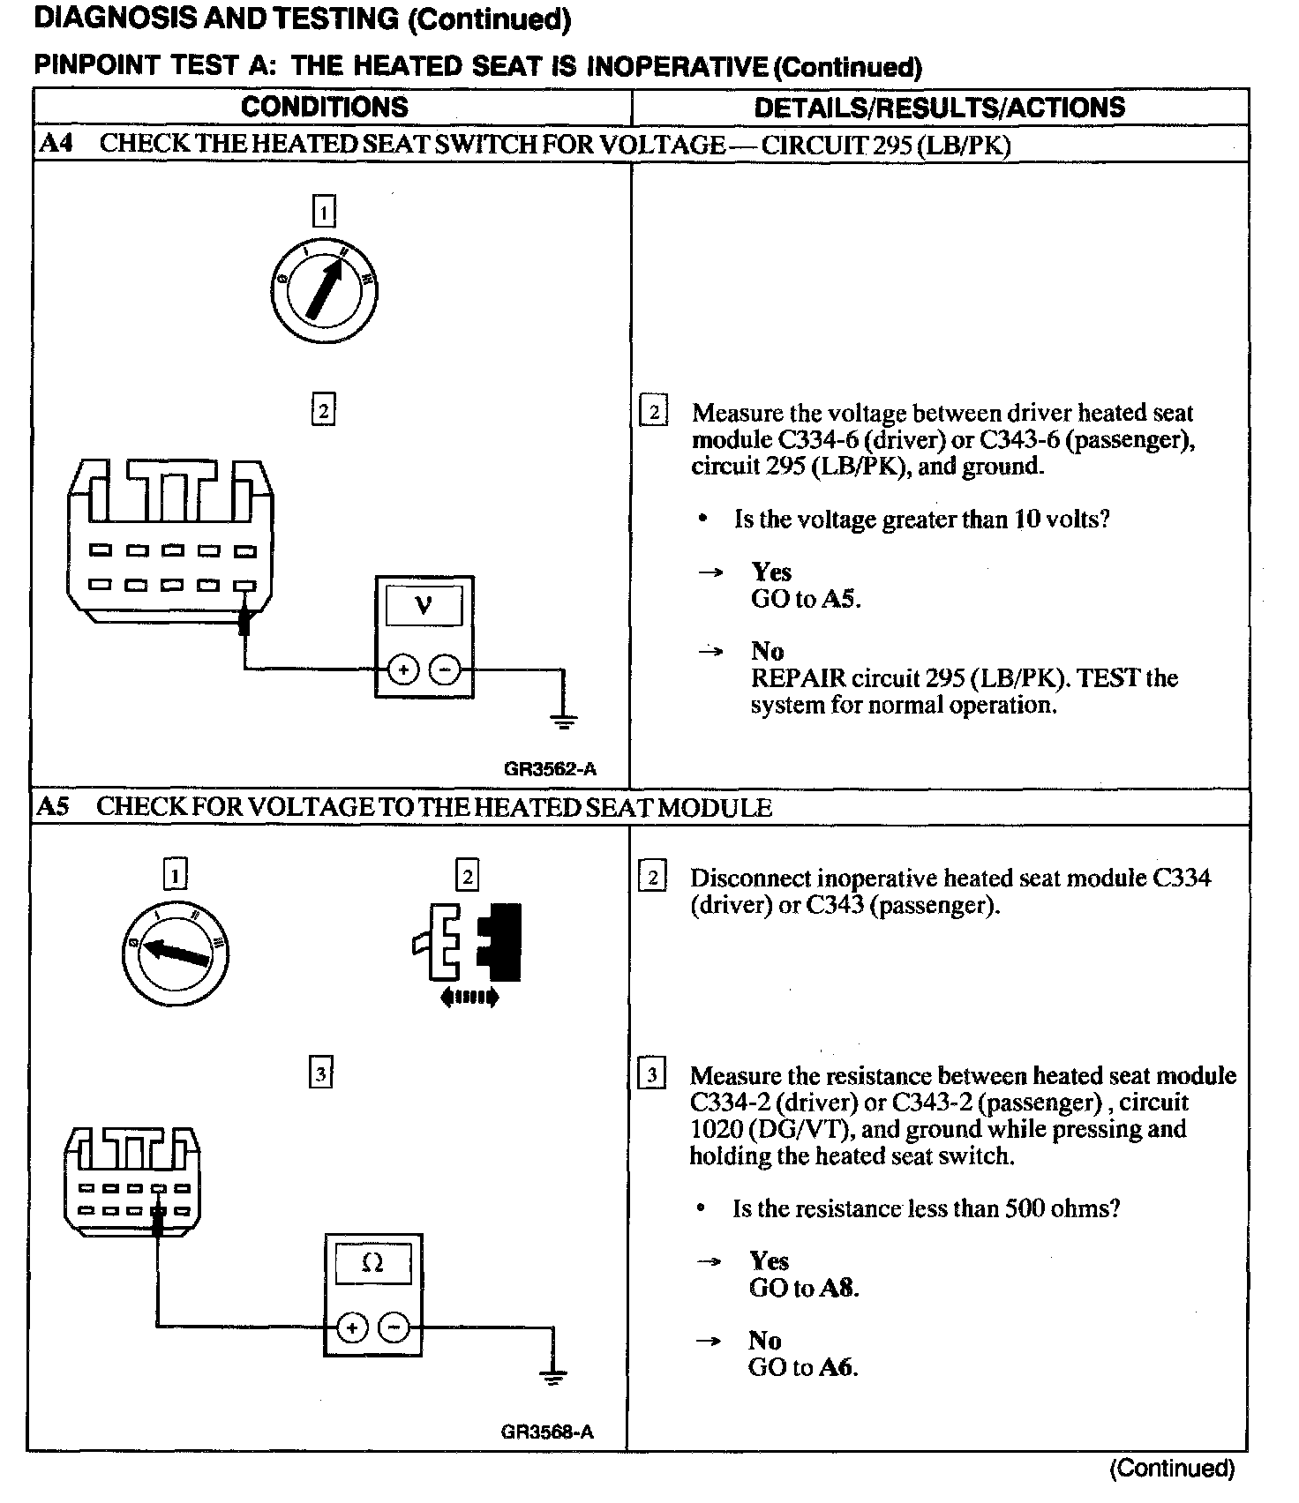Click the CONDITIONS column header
[x=324, y=108]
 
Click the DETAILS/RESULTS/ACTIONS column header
[x=939, y=108]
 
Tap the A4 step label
[x=55, y=144]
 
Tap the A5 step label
[x=54, y=807]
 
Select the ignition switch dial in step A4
[x=324, y=288]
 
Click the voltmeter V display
[x=424, y=608]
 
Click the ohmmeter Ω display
[x=372, y=1264]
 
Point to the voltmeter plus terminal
[x=403, y=670]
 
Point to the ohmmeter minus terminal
[x=394, y=1327]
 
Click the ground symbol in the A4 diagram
[x=564, y=721]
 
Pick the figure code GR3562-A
[x=550, y=769]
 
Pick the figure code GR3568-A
[x=547, y=1432]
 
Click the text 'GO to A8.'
[x=803, y=1289]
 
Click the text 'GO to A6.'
[x=803, y=1368]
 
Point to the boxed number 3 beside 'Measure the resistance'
[x=651, y=1075]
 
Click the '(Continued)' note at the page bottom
[x=1172, y=1469]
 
